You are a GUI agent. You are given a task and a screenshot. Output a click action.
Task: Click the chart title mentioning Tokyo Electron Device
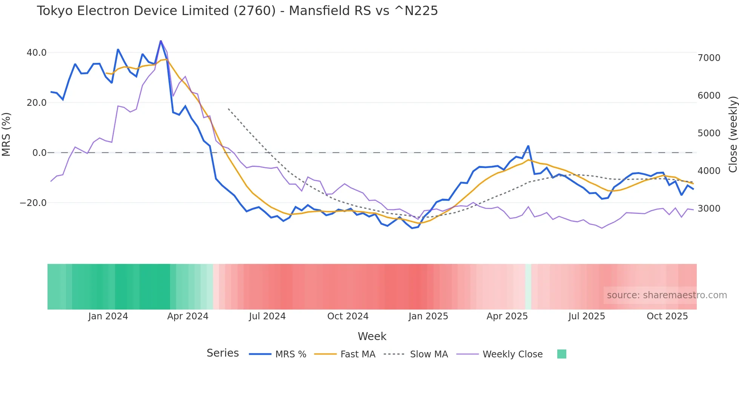(237, 11)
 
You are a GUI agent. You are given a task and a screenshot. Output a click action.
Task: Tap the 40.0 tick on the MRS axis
(37, 53)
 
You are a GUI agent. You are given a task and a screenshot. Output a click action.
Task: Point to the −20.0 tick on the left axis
(33, 203)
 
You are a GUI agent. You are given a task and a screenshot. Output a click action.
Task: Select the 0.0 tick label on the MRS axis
(39, 153)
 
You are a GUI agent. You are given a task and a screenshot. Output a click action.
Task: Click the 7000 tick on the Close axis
(709, 58)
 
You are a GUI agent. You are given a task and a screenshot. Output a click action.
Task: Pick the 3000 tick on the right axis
(709, 209)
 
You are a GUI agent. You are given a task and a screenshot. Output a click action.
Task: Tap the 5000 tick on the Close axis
(709, 133)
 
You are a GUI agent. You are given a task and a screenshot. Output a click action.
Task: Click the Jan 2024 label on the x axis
(108, 316)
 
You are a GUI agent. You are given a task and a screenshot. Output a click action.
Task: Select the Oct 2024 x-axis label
(348, 316)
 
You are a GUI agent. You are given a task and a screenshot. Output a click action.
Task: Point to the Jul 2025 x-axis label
(587, 316)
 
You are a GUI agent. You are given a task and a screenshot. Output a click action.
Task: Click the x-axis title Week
(372, 336)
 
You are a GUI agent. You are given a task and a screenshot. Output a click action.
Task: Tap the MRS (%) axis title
(6, 134)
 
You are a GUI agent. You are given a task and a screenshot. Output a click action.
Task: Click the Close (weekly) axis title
(733, 134)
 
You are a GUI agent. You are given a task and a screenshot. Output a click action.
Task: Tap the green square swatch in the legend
(561, 354)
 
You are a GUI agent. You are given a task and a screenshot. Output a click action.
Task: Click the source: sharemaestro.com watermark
(667, 295)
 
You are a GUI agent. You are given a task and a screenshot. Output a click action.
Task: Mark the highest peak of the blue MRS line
(161, 41)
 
